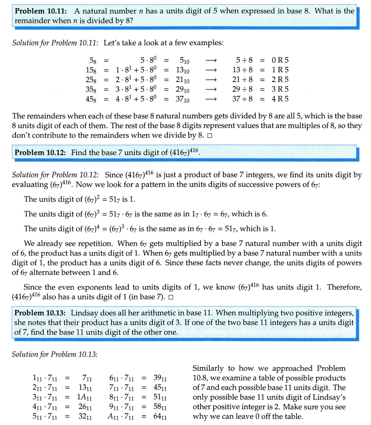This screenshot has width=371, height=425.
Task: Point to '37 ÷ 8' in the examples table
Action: (x=243, y=99)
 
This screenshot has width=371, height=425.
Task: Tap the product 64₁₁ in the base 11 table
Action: (x=159, y=416)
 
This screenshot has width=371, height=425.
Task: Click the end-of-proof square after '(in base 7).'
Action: (x=170, y=297)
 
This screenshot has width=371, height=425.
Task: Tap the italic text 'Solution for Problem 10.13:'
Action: (x=55, y=354)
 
